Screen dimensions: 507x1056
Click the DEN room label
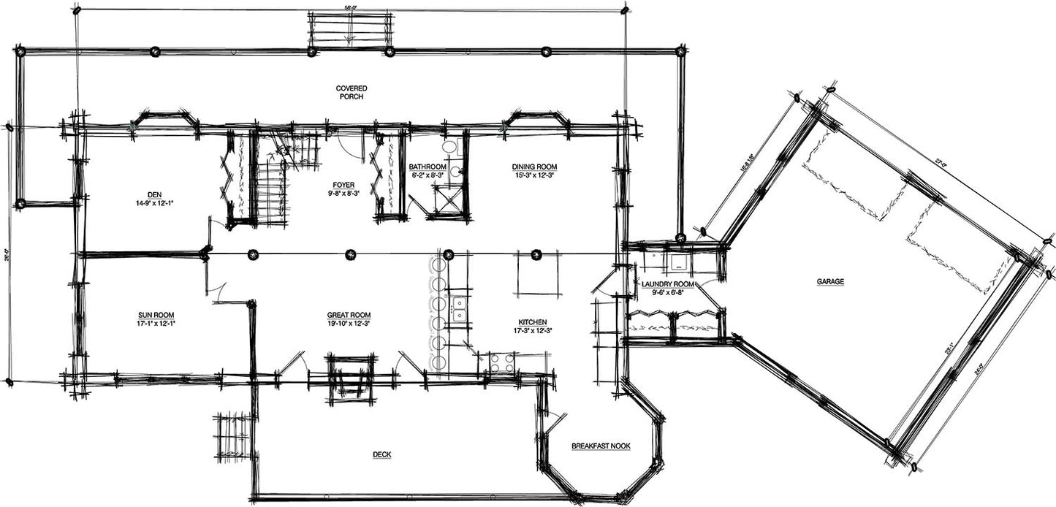(x=154, y=194)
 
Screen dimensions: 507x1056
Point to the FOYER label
(x=342, y=186)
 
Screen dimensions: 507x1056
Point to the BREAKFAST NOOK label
(x=600, y=446)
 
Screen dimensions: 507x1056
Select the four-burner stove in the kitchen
(x=501, y=362)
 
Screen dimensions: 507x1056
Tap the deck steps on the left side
(x=234, y=436)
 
